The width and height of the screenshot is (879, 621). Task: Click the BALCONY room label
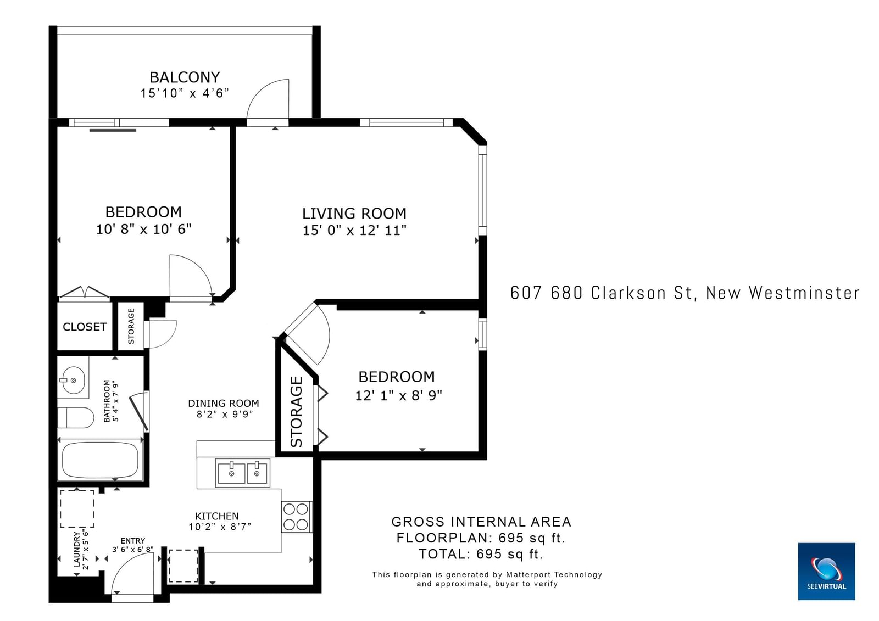185,77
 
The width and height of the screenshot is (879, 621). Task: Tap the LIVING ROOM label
354,214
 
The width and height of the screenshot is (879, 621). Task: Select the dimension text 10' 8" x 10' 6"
143,229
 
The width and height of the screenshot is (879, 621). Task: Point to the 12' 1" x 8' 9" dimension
398,395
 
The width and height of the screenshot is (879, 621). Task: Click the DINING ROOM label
223,403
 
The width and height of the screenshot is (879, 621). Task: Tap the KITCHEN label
216,516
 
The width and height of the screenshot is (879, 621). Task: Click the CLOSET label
85,327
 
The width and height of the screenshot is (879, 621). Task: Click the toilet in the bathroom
76,418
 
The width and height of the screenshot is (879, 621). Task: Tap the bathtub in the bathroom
100,460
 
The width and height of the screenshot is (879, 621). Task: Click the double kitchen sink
243,473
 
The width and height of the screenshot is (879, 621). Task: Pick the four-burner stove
297,517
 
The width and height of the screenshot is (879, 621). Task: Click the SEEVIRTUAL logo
826,571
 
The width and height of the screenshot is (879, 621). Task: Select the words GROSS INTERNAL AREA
481,522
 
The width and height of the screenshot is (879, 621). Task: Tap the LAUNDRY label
77,549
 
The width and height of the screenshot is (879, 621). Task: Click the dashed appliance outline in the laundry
77,509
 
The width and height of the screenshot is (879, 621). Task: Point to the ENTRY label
132,541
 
